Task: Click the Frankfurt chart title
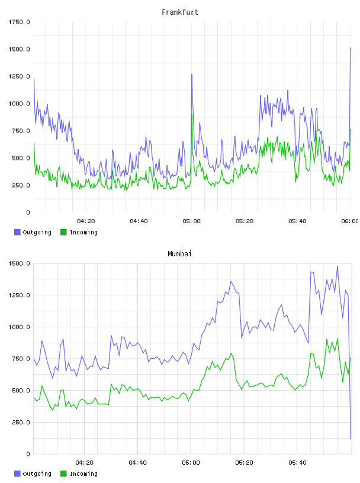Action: click(x=180, y=12)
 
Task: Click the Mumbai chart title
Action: click(x=179, y=254)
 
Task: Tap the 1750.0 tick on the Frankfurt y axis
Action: click(x=19, y=22)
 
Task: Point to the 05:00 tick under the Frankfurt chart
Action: click(x=191, y=221)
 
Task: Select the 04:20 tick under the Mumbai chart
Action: click(x=85, y=463)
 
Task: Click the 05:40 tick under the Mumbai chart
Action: click(x=297, y=463)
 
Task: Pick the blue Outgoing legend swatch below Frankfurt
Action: click(x=17, y=232)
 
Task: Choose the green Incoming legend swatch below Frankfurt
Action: click(x=63, y=232)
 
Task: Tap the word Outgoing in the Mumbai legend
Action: click(x=37, y=474)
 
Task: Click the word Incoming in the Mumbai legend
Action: click(x=83, y=474)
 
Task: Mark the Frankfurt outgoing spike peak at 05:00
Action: click(x=192, y=74)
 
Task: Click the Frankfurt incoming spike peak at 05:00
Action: click(x=192, y=114)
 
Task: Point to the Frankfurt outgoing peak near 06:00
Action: click(x=351, y=48)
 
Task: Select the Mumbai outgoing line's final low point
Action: click(x=351, y=439)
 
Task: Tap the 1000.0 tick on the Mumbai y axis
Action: click(x=19, y=327)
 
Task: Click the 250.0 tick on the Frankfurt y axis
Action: click(x=21, y=185)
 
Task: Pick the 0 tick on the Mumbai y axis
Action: click(x=28, y=454)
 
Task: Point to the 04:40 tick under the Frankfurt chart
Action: click(x=139, y=221)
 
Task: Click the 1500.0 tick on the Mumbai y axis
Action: click(x=19, y=263)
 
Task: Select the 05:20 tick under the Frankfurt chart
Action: click(x=245, y=221)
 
